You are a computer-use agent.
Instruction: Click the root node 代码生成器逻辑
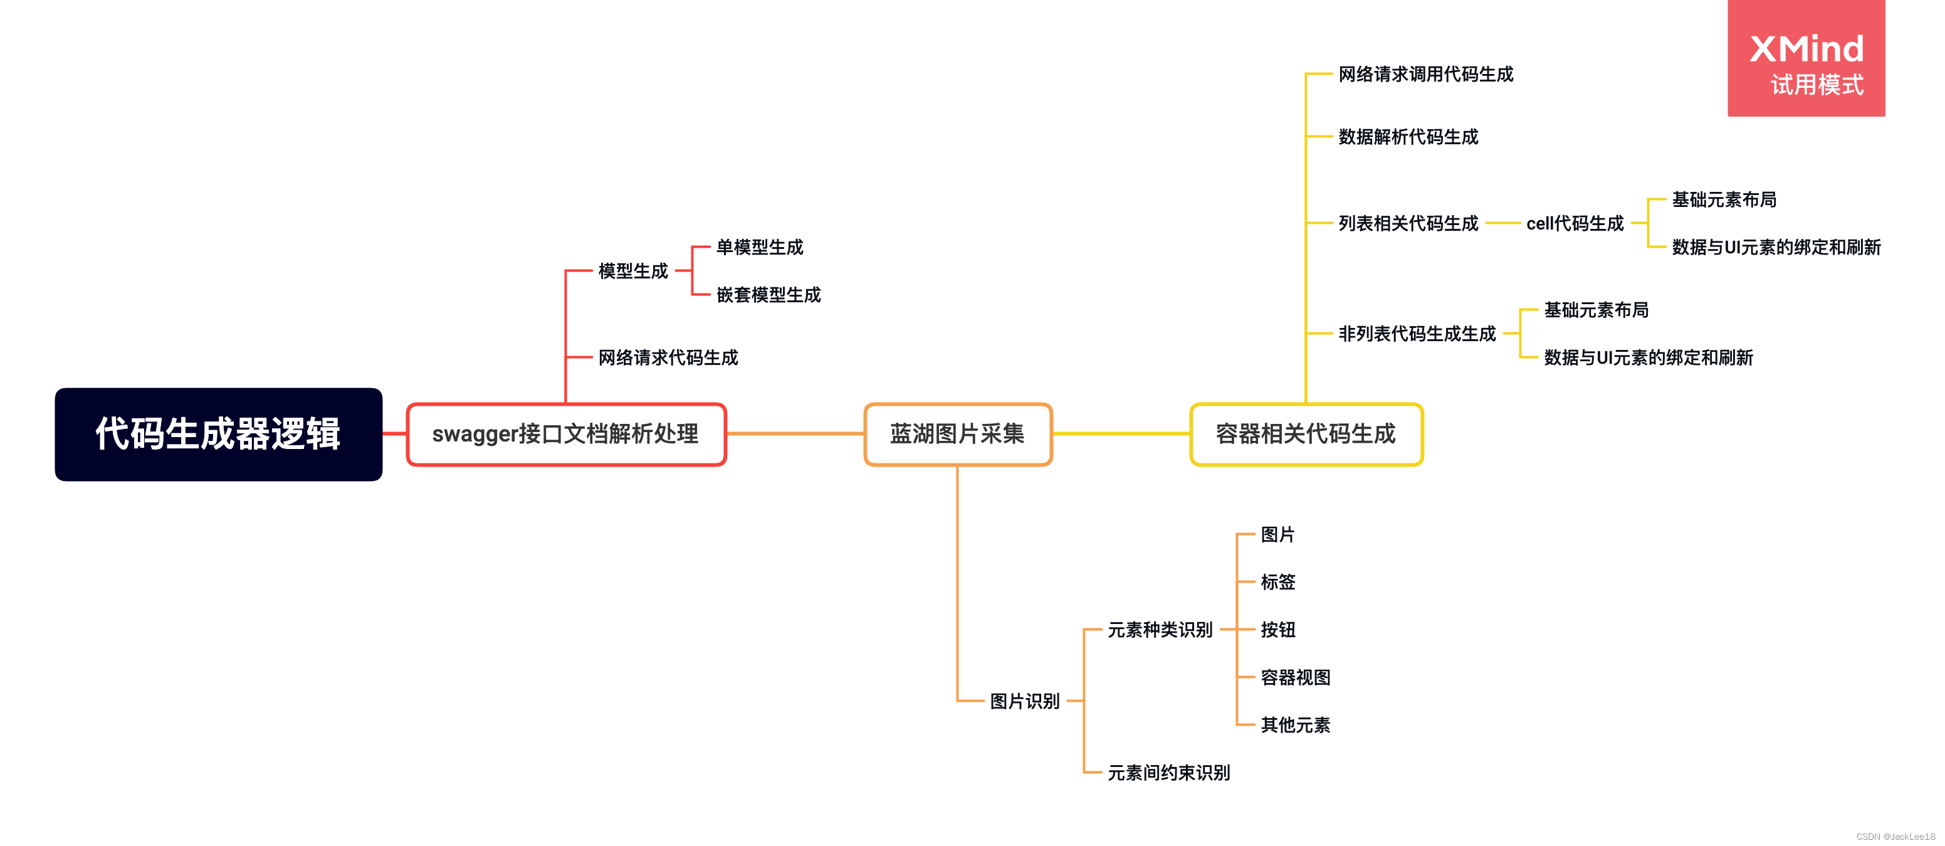click(218, 435)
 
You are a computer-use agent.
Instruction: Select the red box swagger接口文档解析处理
click(565, 435)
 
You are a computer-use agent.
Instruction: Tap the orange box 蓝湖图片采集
click(957, 435)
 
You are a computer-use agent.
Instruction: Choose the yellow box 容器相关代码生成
click(1306, 435)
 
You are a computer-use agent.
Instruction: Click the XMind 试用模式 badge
click(1805, 59)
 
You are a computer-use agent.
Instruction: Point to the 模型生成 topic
click(632, 270)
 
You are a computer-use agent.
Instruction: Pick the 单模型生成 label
click(760, 247)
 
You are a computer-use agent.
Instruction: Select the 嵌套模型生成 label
click(768, 295)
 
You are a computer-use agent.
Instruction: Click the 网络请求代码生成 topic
click(668, 357)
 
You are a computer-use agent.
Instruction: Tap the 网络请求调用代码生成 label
click(1425, 74)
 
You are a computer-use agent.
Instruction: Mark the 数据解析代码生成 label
click(1408, 137)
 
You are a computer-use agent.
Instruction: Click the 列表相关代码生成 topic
click(1408, 224)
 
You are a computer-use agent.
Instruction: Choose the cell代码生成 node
click(1575, 224)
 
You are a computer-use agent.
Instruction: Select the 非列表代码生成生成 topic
click(1417, 334)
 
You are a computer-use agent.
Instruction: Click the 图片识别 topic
click(1025, 701)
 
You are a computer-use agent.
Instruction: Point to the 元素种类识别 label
click(1160, 629)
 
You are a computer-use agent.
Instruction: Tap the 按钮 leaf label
click(1277, 629)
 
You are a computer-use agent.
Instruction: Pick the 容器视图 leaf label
click(1295, 677)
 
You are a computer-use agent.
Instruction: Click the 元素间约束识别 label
click(1168, 773)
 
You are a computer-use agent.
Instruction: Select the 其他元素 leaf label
click(1295, 725)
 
